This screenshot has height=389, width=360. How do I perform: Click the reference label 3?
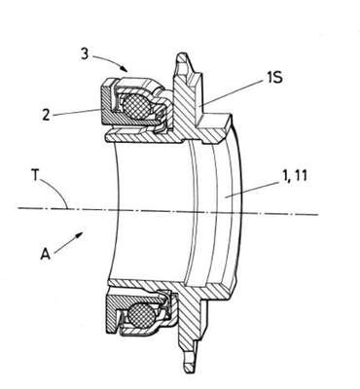click(85, 54)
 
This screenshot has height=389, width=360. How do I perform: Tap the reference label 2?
click(46, 115)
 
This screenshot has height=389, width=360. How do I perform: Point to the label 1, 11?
click(290, 176)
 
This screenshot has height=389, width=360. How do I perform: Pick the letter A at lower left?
click(46, 254)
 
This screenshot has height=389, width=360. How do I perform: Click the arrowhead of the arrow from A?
click(79, 235)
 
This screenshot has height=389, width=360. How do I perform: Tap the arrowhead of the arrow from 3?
click(124, 68)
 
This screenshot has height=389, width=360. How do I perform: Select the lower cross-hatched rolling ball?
click(140, 314)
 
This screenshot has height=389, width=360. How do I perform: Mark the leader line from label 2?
click(76, 112)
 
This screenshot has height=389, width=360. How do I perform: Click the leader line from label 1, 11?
click(251, 190)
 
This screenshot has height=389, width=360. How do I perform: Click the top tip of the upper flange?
click(181, 53)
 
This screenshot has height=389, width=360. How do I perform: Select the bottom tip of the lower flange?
click(189, 372)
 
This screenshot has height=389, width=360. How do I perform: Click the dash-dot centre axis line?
click(167, 211)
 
